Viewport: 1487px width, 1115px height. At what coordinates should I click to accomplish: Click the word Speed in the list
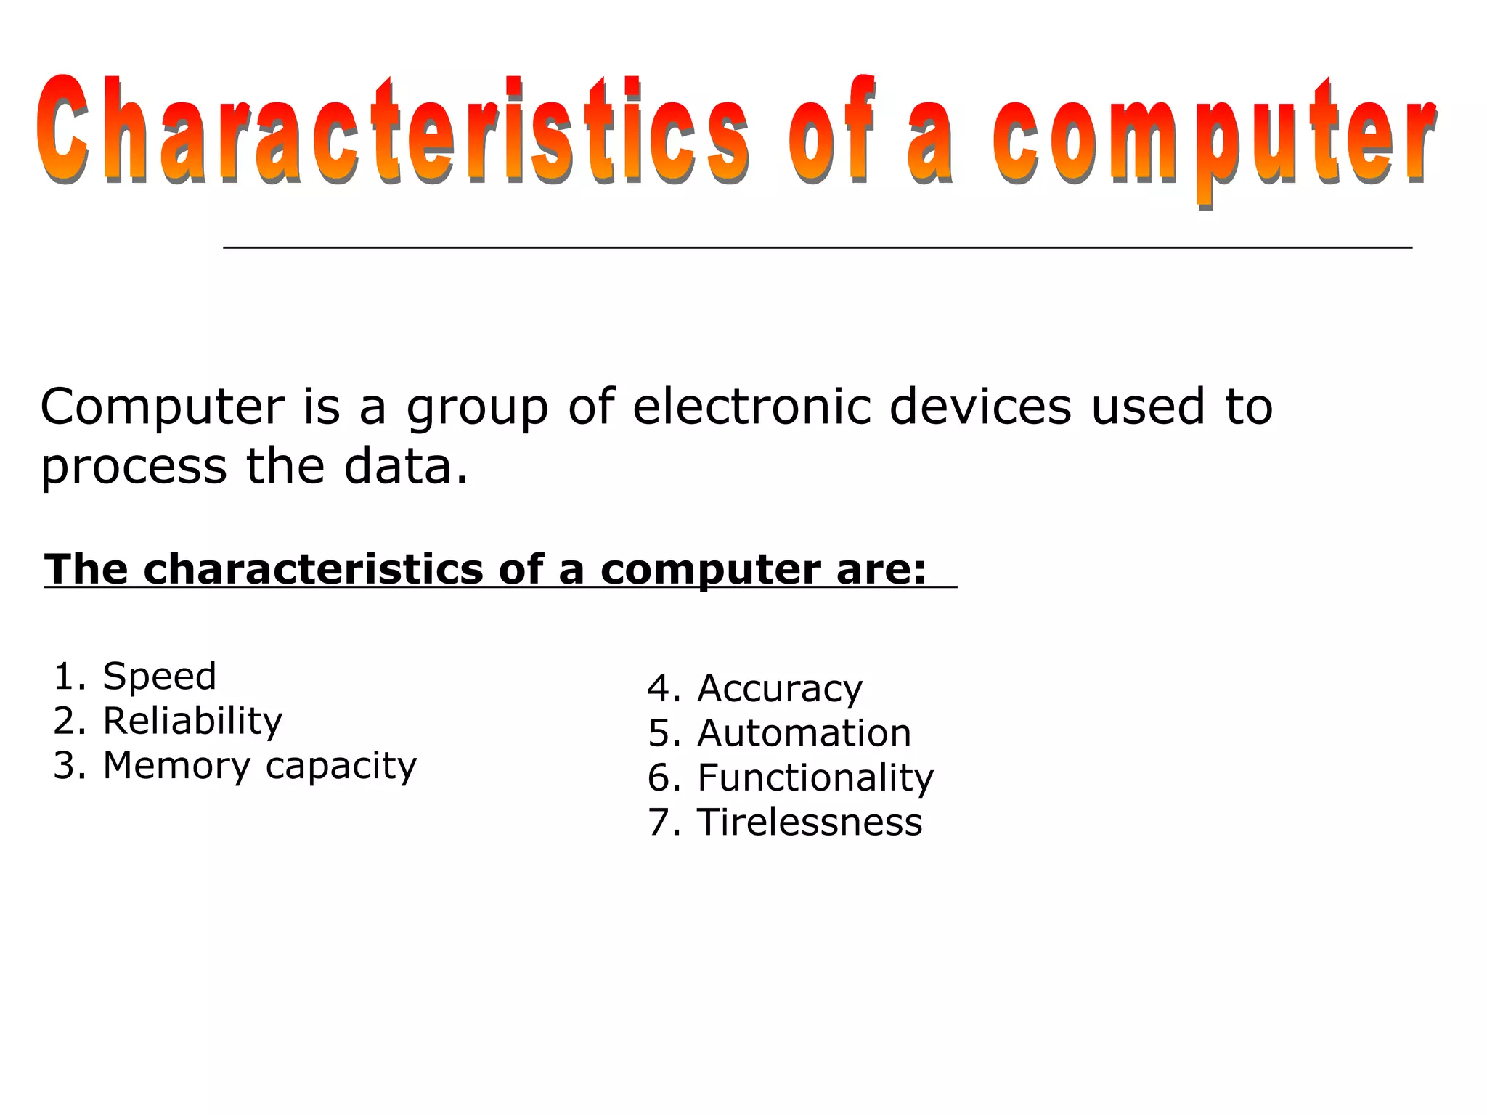point(160,677)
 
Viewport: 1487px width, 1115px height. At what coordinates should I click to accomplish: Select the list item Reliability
point(192,722)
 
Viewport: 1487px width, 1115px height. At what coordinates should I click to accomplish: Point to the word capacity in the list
point(341,767)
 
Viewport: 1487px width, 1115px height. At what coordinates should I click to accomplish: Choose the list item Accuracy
point(780,689)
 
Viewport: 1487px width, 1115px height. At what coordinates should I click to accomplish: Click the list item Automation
point(804,733)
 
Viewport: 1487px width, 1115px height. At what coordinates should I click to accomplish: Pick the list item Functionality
point(815,778)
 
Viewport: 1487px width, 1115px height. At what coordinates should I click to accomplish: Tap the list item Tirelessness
point(810,822)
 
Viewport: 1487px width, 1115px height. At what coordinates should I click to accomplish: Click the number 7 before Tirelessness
point(660,822)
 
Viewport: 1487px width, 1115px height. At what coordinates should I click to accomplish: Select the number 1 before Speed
point(64,677)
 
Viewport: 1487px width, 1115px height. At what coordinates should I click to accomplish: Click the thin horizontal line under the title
point(817,248)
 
